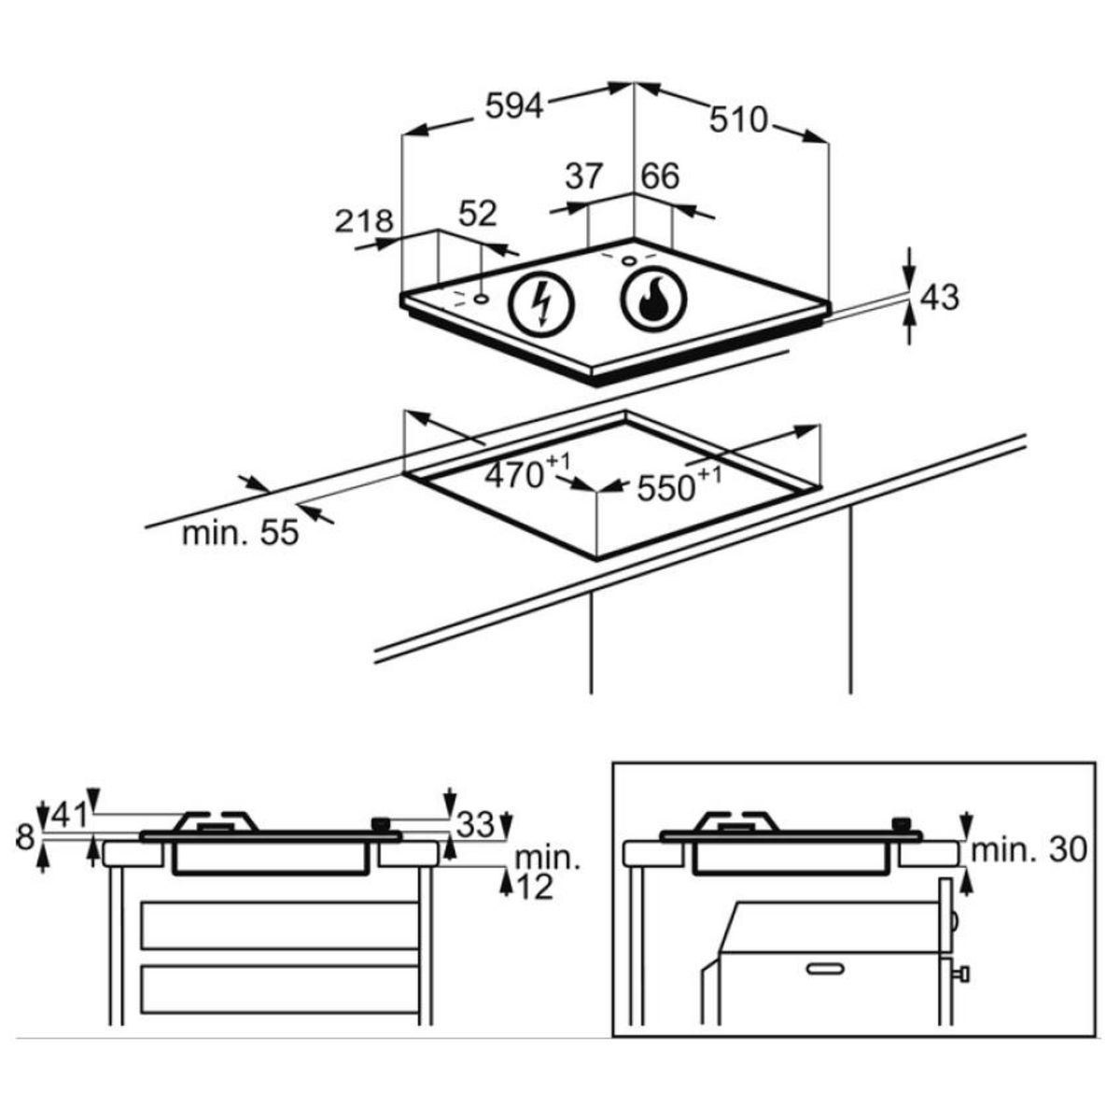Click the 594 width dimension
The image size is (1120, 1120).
(513, 107)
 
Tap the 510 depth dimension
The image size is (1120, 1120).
(738, 119)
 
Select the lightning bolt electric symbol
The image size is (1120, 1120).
(539, 305)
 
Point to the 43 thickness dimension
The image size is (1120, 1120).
(939, 298)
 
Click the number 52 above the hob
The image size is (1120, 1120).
(479, 214)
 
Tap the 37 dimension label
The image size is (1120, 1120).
(586, 175)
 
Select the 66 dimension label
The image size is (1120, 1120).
(659, 175)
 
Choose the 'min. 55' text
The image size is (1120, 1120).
(241, 533)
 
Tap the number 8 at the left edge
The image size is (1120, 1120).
(25, 837)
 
